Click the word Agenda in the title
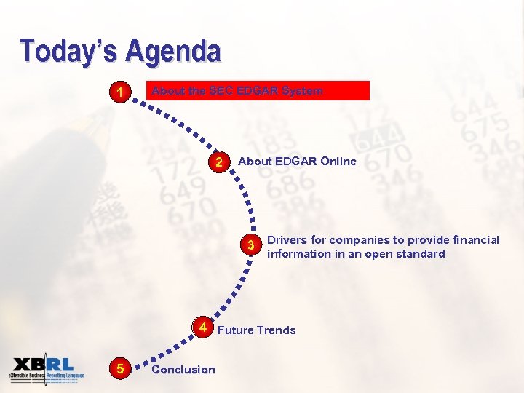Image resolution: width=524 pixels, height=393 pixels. tap(172, 52)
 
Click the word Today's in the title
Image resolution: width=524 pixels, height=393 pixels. tap(70, 52)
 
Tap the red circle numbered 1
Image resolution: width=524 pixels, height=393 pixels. tap(121, 92)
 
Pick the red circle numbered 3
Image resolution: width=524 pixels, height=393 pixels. tap(251, 245)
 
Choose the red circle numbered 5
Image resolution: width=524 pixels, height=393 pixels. tap(121, 369)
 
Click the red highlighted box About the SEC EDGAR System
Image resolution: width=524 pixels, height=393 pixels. tap(258, 91)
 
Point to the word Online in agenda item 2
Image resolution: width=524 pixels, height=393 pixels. tap(337, 162)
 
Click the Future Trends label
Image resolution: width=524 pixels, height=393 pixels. tap(256, 330)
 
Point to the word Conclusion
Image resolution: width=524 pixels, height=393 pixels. tap(183, 370)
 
